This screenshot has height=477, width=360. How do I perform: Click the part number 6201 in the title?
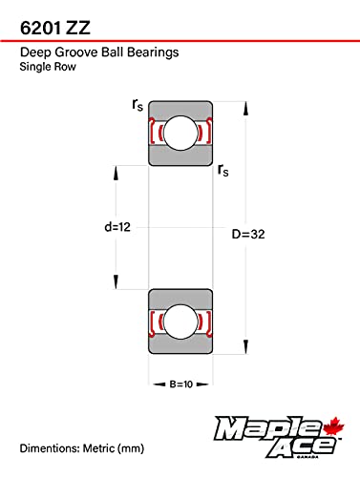pyautogui.click(x=40, y=28)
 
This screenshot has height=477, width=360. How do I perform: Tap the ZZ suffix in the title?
pyautogui.click(x=78, y=28)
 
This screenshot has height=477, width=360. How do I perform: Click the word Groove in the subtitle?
pyautogui.click(x=76, y=52)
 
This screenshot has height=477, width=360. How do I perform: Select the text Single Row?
pyautogui.click(x=48, y=67)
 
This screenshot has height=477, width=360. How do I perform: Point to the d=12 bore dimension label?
pyautogui.click(x=117, y=227)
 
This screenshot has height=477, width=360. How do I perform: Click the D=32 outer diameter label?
pyautogui.click(x=248, y=235)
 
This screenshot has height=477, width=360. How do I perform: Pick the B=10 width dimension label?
pyautogui.click(x=181, y=384)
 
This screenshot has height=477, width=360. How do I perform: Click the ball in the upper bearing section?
pyautogui.click(x=180, y=133)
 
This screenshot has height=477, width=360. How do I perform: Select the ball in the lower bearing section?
pyautogui.click(x=180, y=321)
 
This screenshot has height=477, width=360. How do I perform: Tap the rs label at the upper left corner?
pyautogui.click(x=138, y=105)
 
